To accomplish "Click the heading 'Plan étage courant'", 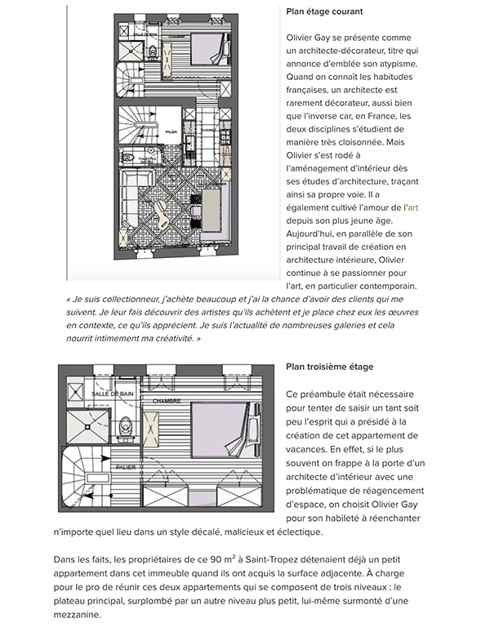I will point(324,11).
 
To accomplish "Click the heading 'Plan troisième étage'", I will point(330,367).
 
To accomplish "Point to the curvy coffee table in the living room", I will point(163,219).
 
